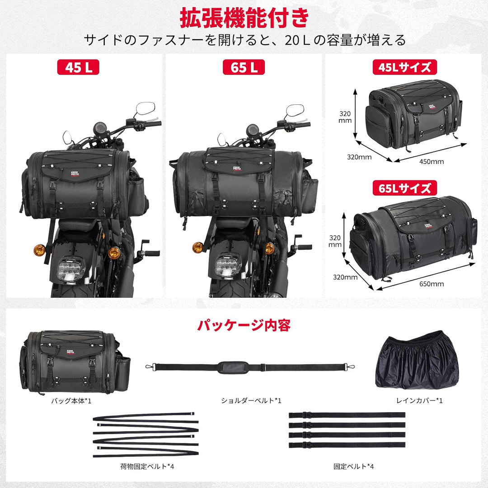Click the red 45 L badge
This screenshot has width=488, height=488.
pyautogui.click(x=78, y=67)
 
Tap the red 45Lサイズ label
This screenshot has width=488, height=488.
pyautogui.click(x=401, y=67)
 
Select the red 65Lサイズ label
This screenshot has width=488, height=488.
pyautogui.click(x=401, y=188)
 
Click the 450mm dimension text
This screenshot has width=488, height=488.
pyautogui.click(x=432, y=161)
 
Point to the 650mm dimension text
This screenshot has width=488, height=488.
pyautogui.click(x=432, y=284)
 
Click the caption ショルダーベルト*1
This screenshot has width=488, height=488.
pyautogui.click(x=251, y=400)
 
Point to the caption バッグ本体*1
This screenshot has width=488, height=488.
pyautogui.click(x=74, y=400)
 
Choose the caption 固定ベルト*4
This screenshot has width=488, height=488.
pyautogui.click(x=347, y=466)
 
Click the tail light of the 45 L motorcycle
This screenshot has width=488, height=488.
pyautogui.click(x=72, y=267)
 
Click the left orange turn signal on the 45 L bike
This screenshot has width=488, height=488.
pyautogui.click(x=39, y=249)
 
